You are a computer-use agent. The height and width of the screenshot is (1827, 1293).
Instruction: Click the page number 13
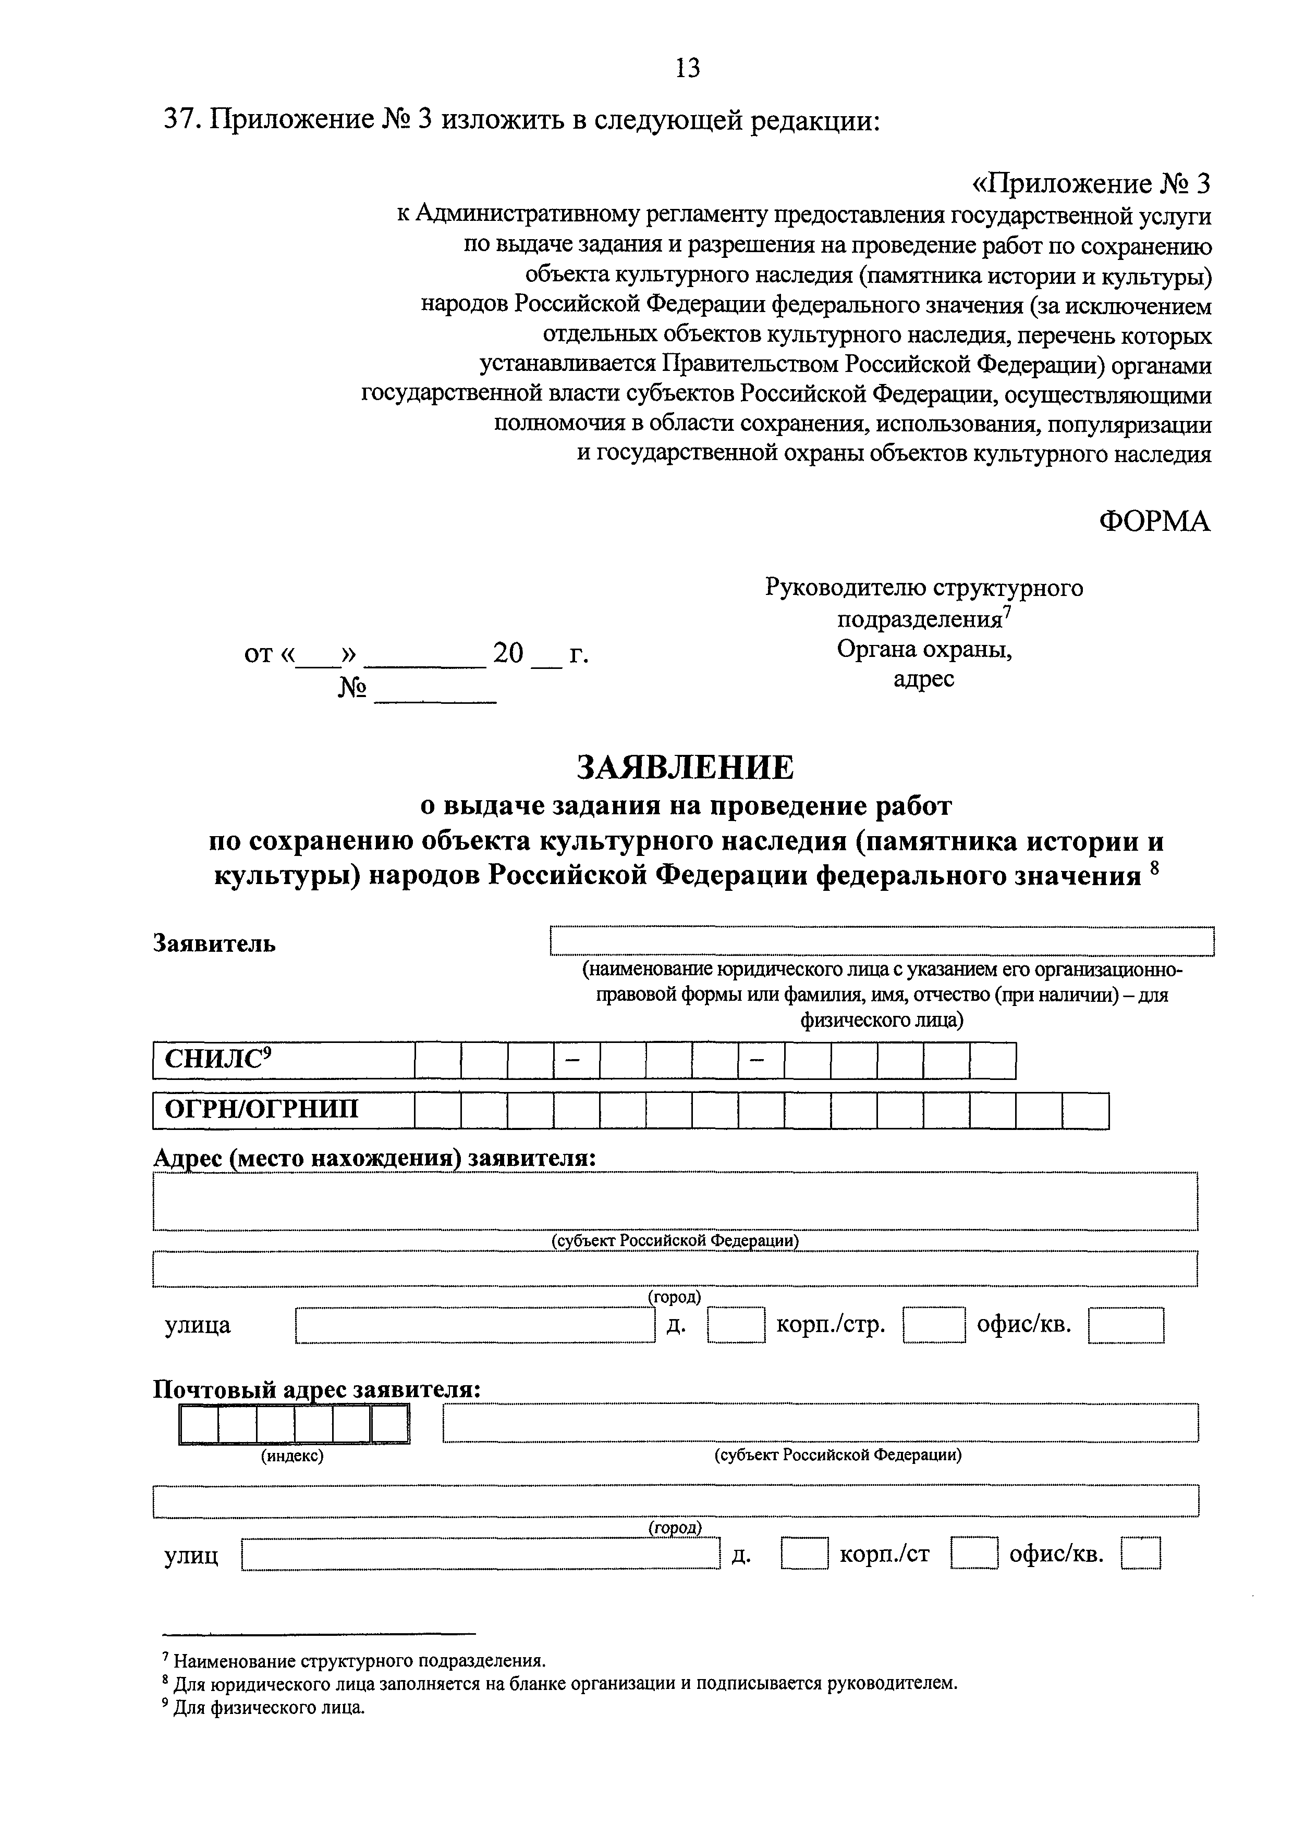[x=687, y=68]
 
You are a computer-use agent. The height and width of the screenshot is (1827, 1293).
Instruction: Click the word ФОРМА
[x=1154, y=521]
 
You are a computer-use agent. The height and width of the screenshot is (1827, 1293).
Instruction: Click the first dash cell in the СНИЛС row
[x=577, y=1061]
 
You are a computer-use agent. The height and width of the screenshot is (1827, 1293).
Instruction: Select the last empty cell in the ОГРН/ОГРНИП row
[x=1085, y=1111]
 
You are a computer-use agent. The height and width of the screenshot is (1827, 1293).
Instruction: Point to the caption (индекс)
[x=292, y=1455]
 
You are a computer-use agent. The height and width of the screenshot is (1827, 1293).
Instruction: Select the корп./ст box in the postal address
[x=974, y=1554]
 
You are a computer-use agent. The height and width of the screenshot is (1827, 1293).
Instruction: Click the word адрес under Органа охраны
[x=923, y=679]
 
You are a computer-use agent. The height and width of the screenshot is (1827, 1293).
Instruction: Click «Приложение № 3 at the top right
[x=1090, y=184]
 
